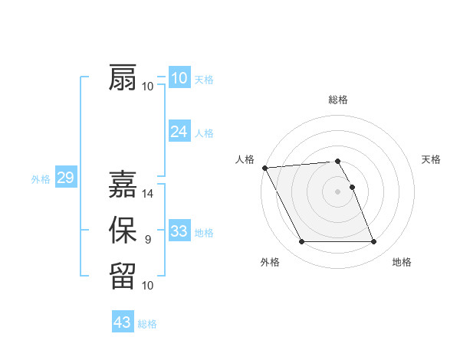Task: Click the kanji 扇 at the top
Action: click(123, 78)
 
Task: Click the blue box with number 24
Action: click(179, 132)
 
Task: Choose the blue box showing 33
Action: click(179, 231)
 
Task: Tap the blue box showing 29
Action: click(65, 178)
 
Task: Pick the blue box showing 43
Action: click(122, 322)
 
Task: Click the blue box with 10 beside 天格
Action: click(179, 78)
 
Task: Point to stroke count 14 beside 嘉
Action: click(148, 194)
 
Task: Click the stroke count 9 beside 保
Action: click(148, 240)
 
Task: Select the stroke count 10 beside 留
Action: click(148, 286)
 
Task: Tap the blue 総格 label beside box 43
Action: click(147, 324)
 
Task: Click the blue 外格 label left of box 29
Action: click(41, 179)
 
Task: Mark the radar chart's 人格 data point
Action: click(264, 168)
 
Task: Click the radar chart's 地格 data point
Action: click(374, 242)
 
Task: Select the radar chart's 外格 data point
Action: click(301, 242)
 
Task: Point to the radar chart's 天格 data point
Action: click(352, 187)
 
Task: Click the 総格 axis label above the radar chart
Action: click(338, 100)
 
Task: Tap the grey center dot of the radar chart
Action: click(338, 191)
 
